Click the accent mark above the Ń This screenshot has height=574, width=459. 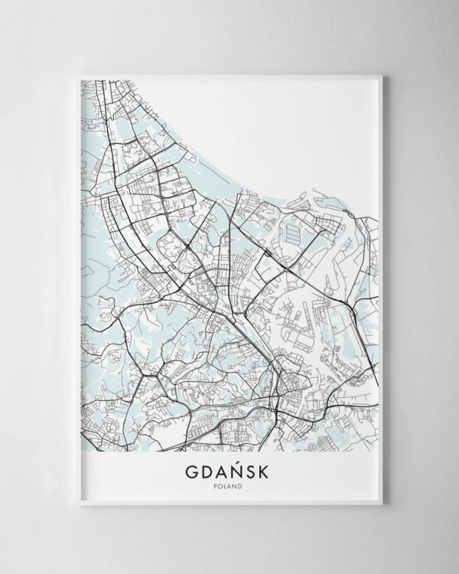point(239,455)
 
